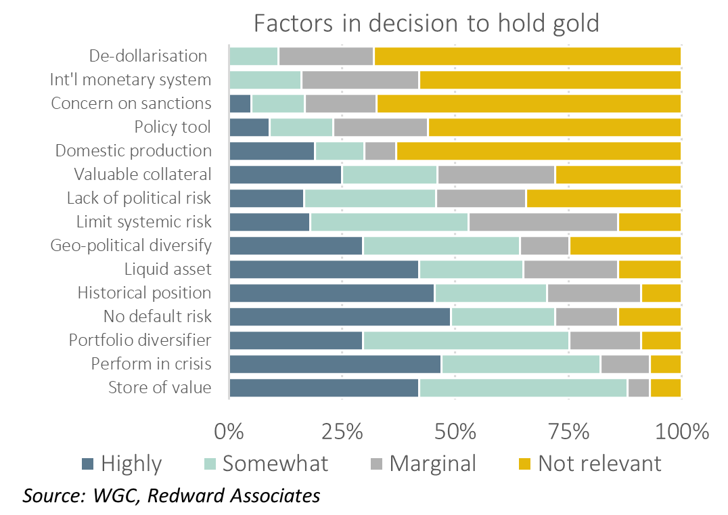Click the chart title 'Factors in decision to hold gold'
pos(426,23)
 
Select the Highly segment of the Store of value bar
pos(324,388)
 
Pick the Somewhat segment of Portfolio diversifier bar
pos(466,340)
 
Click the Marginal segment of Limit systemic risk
pos(543,222)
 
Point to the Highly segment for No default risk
pos(340,317)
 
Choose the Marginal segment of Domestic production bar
pos(380,151)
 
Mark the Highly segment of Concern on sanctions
pos(240,104)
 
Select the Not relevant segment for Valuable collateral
pos(617,175)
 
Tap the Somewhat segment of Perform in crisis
pos(520,364)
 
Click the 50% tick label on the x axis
pos(455,431)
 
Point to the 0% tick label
pos(229,431)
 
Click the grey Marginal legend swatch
pos(377,464)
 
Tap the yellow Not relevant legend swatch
pos(525,464)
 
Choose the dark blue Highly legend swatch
pos(87,464)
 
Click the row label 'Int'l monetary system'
pos(131,80)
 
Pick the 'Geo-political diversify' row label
pos(131,246)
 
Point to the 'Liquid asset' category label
pos(168,269)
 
